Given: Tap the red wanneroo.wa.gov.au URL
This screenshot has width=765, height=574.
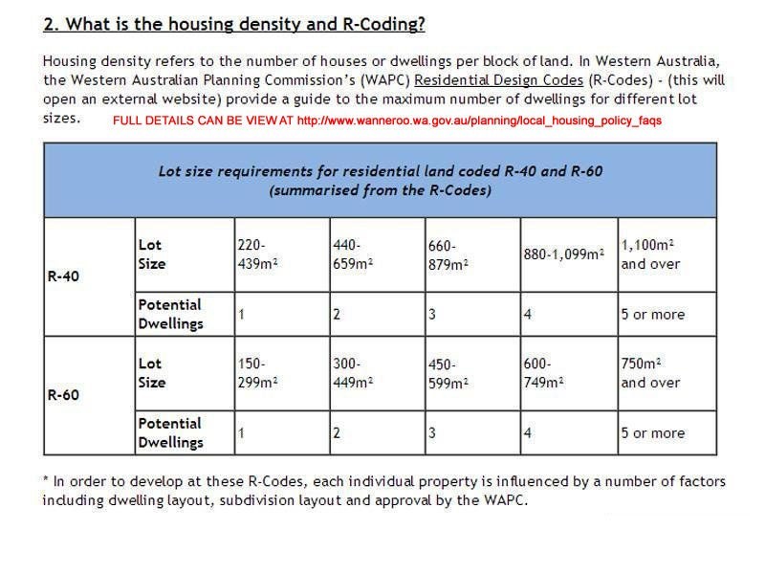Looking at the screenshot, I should coord(479,121).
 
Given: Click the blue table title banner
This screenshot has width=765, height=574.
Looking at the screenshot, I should coord(380,180).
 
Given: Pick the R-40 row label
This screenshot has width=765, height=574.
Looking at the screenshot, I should coord(63,276).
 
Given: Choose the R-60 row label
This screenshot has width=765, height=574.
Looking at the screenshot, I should coord(63,394).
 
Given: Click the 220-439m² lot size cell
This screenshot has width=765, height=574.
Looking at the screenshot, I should coord(257,254).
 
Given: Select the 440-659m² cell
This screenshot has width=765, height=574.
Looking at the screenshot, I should coord(353,254).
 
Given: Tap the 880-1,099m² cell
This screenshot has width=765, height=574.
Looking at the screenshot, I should coord(564,254).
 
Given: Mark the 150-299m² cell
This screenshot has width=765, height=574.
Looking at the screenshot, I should coord(257,373).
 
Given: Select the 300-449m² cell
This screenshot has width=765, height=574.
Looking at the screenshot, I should coord(353,373).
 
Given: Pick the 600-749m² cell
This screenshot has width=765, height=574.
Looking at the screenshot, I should coord(544,373).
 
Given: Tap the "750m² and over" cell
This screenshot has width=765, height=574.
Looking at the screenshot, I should coord(651,373).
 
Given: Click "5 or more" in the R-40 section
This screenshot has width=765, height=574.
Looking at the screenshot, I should coord(652,314).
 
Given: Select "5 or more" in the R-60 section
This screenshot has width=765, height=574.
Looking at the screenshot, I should coord(652,432).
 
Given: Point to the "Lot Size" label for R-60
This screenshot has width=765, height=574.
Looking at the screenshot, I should coord(151,373).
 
